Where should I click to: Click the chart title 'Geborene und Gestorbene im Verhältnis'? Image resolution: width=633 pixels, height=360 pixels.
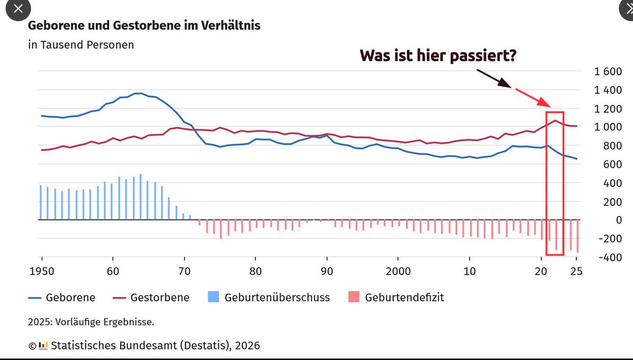(x=144, y=25)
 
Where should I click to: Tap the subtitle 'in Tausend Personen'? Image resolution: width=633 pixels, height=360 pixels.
(x=81, y=45)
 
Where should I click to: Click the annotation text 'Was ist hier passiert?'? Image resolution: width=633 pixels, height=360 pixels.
(x=438, y=55)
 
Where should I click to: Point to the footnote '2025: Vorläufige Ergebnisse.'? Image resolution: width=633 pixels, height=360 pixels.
(x=91, y=321)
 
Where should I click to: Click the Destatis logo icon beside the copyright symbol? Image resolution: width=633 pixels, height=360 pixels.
(x=42, y=346)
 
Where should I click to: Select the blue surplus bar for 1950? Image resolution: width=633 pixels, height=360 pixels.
(x=40, y=202)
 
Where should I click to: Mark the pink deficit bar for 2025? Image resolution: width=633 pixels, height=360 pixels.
(x=578, y=236)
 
